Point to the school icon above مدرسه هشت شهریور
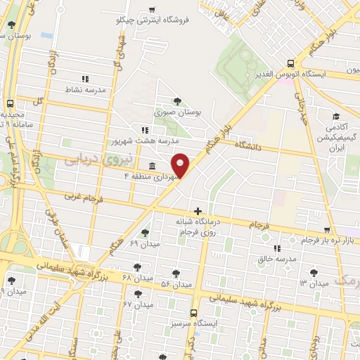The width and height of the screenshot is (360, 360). click(145, 130)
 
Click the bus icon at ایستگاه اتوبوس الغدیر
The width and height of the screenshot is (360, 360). click(290, 63)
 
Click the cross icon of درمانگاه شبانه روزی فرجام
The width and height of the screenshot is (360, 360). click(198, 211)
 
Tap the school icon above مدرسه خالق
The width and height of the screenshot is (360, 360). click(276, 248)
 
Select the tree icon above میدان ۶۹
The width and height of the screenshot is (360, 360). click(145, 232)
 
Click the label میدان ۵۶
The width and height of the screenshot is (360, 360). click(176, 284)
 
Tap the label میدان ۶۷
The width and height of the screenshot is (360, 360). click(138, 304)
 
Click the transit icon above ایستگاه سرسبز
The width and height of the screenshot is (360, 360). click(193, 312)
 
